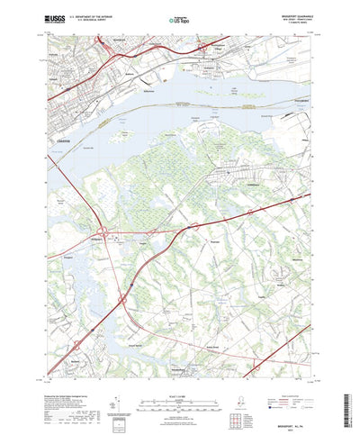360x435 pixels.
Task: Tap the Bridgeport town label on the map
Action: pos(98,240)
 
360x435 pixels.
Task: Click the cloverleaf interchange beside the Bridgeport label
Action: pos(107,236)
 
